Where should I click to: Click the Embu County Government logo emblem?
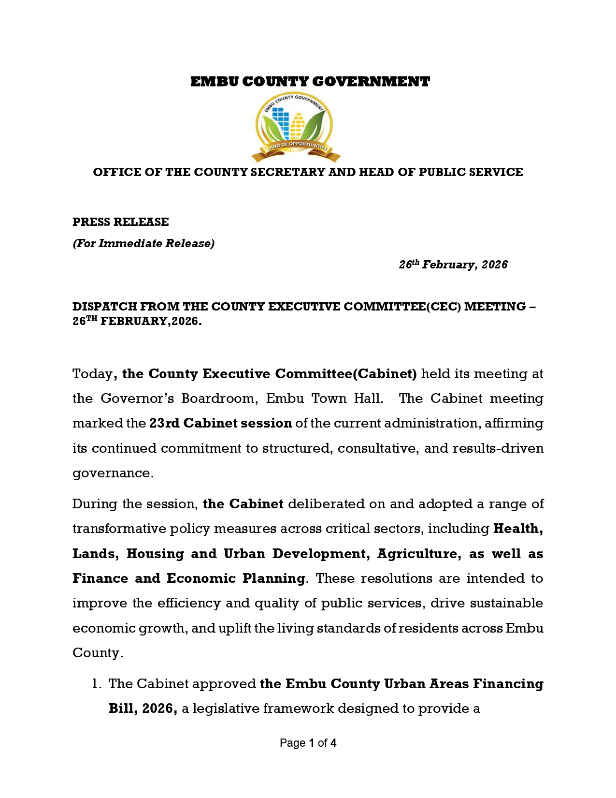295,127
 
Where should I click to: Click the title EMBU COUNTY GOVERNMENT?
310,82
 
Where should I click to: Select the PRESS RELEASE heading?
120,222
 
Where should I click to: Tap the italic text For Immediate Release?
143,243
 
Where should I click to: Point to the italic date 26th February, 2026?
453,265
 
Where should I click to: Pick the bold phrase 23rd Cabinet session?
220,423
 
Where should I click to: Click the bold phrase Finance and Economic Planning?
188,578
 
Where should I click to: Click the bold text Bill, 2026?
143,709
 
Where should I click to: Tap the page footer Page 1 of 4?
308,743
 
